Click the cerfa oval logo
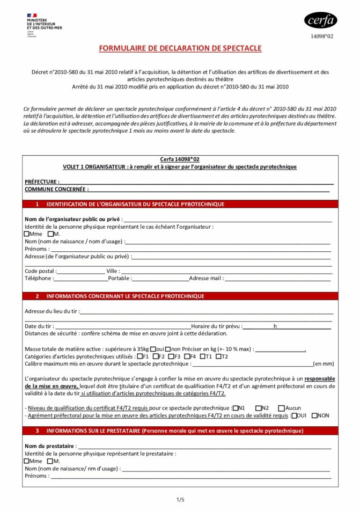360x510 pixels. pos(321,20)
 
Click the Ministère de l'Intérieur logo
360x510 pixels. pos(43,24)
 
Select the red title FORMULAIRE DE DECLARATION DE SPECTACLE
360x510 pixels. pos(180,48)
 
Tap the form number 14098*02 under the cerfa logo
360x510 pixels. pos(322,37)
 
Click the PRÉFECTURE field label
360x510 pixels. pos(41,182)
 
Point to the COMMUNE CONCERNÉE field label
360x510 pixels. pos(56,189)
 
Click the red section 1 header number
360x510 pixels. pos(37,205)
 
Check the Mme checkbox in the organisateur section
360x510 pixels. pos(27,234)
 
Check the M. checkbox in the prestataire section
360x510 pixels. pos(50,461)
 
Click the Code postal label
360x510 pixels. pos(40,271)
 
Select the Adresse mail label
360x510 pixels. pos(206,279)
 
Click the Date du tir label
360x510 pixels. pos(39,326)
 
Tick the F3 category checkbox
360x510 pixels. pos(171,356)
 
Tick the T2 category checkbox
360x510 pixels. pos(218,356)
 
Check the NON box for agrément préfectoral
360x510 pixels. pos(315,415)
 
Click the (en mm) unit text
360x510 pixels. pos(324,363)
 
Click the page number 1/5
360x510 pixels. pos(180,500)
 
